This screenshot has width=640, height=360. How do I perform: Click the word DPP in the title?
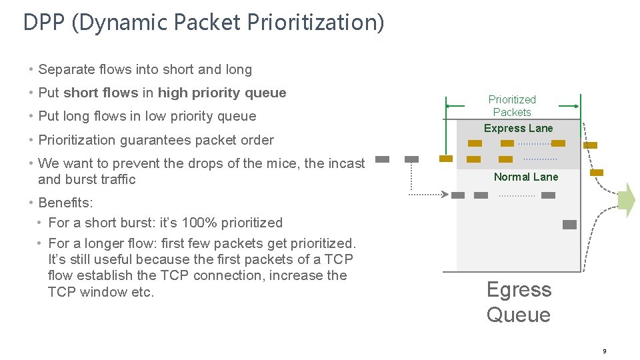[x=44, y=23]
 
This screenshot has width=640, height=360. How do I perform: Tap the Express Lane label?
[x=518, y=128]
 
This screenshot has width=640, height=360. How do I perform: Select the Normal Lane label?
[x=526, y=177]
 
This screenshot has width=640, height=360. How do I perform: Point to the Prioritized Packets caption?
[x=512, y=106]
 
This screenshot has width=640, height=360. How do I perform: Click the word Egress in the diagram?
[x=519, y=290]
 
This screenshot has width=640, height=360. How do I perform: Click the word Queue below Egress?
[x=518, y=315]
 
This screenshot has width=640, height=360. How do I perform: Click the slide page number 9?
[x=604, y=351]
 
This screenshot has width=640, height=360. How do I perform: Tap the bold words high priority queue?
[x=222, y=93]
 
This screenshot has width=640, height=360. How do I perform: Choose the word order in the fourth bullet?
[x=257, y=140]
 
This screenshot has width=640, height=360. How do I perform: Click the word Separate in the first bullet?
[x=65, y=69]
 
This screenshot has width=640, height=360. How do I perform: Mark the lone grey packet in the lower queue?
[x=569, y=225]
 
